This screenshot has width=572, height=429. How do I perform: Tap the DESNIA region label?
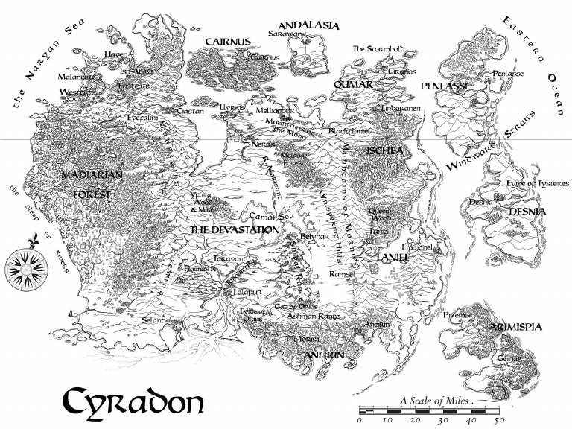[x=527, y=212]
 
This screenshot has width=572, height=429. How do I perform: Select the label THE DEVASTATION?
[x=235, y=231]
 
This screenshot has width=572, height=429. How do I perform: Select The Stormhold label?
[x=378, y=49]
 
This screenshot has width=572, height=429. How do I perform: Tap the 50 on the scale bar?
[x=500, y=420]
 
